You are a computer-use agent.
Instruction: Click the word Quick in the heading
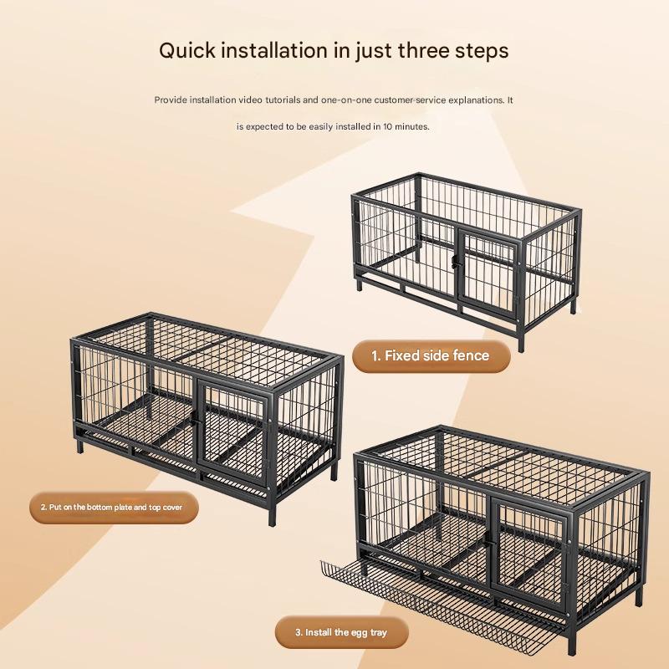(x=187, y=51)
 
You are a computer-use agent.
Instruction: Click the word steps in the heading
(x=482, y=52)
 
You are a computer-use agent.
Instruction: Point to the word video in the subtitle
(x=250, y=100)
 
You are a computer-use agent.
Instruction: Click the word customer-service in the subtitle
(x=409, y=100)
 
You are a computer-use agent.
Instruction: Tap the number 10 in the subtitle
(x=387, y=126)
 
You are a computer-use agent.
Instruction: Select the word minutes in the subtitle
(x=411, y=126)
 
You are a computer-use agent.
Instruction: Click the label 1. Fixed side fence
(x=431, y=356)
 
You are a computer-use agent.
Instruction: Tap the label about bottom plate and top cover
(x=114, y=508)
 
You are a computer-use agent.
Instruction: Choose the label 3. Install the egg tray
(x=341, y=632)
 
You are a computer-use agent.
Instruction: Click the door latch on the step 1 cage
(x=455, y=261)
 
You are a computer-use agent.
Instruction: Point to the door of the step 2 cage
(x=233, y=432)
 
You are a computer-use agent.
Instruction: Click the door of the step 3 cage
(x=529, y=551)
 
